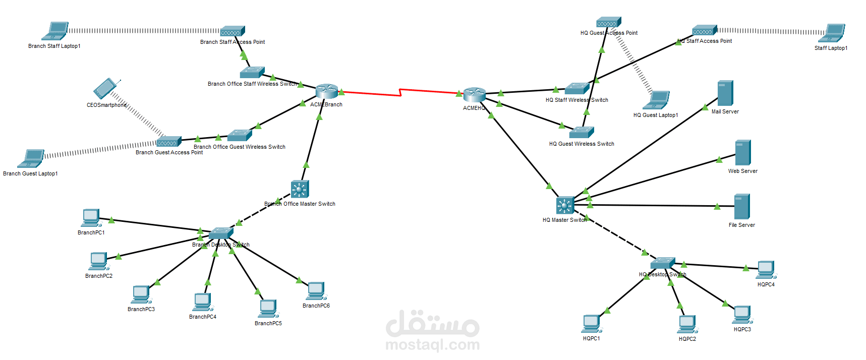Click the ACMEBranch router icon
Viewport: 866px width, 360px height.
coord(326,91)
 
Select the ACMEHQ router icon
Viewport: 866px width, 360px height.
coord(474,94)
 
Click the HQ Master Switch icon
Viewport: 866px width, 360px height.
coord(565,205)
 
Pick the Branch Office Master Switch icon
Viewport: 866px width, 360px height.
coord(300,189)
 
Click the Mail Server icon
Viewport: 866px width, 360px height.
coord(725,93)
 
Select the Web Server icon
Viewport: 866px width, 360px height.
coord(742,153)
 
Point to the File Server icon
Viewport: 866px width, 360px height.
coord(741,207)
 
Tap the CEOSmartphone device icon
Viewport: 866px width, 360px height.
coord(105,89)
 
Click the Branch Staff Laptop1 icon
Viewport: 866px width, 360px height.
coord(55,31)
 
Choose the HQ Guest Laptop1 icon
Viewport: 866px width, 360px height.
coord(656,100)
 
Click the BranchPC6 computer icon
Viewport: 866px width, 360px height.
coord(316,291)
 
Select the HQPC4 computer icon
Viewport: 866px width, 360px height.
coord(766,270)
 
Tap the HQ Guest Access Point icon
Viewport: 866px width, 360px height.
coord(608,23)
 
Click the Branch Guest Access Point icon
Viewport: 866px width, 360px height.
coord(168,142)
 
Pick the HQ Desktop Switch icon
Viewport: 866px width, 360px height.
coord(662,263)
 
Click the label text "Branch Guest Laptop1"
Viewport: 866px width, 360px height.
coord(30,173)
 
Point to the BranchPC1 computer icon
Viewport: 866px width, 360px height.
coord(91,218)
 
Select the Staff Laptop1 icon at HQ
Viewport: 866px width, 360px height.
coord(831,33)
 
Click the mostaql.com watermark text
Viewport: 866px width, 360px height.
coord(432,345)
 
